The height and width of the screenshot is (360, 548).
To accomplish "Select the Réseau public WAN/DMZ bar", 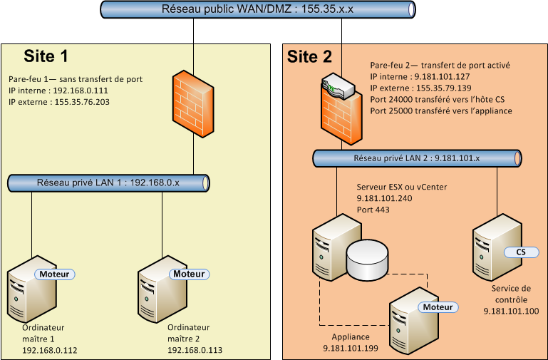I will tap(257, 9).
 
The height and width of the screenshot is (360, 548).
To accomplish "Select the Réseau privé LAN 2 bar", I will tap(416, 158).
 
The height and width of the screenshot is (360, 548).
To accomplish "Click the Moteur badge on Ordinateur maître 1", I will tap(56, 274).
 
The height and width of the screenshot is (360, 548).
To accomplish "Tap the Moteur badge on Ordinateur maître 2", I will tap(188, 274).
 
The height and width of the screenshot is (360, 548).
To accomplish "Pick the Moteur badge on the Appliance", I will tap(438, 307).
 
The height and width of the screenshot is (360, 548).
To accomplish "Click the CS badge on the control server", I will tap(520, 252).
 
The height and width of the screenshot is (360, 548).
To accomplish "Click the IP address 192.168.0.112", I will tap(50, 351).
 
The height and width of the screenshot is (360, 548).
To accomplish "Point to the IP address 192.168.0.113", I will tap(195, 351).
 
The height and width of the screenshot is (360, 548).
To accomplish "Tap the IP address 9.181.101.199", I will tap(351, 348).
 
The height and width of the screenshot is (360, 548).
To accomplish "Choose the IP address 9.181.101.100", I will tap(511, 311).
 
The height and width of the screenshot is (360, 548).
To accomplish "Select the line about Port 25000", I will tap(441, 110).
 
